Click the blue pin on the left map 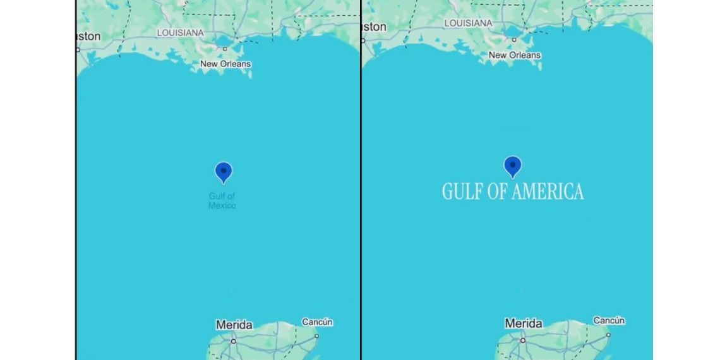pos(224,172)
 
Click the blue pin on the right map pos(513,166)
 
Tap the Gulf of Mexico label pos(222,201)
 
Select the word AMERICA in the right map pos(548,192)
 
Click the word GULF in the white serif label pos(462,192)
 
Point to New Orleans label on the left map pos(225,64)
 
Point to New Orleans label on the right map pos(515,55)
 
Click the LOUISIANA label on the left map pos(181,32)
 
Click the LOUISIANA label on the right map pos(469,23)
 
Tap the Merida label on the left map pos(234,325)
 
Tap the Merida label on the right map pos(524,323)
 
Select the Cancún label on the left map pos(317,322)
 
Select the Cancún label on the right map pos(609,320)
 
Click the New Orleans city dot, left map pos(225,48)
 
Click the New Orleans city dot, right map pos(514,39)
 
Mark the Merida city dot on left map pos(233,341)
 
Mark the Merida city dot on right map pos(522,340)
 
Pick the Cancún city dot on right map pos(608,335)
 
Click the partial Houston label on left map pos(89,37)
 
